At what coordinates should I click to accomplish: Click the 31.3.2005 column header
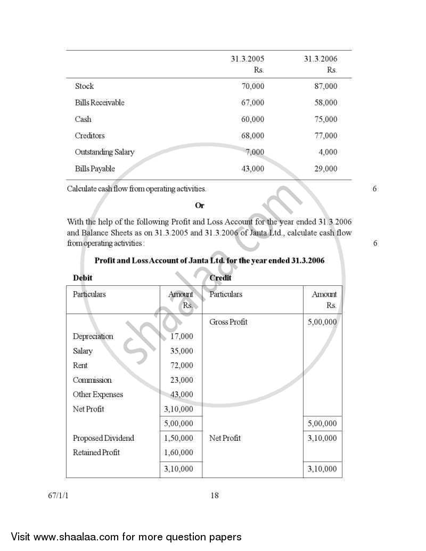coord(247,59)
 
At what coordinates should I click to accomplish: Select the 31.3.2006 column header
coord(320,59)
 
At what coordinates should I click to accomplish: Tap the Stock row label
coord(84,86)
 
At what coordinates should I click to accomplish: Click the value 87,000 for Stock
coord(325,86)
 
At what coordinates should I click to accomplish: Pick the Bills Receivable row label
coord(100,103)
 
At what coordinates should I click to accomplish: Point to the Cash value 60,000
coord(252,119)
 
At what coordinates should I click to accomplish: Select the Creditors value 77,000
coord(325,136)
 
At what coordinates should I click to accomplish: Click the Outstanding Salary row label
coord(104,152)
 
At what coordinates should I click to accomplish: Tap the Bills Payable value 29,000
coord(325,169)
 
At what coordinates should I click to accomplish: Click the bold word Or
coord(200,205)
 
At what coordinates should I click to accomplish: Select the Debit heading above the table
coord(83,278)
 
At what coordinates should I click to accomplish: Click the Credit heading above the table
coord(220,278)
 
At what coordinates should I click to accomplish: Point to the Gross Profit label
coord(228,322)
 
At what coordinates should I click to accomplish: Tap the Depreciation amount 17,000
coord(182,336)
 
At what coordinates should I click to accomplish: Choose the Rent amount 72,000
coord(182,366)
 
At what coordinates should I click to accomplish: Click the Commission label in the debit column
coord(92,380)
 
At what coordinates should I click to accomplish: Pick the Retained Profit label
coord(96,453)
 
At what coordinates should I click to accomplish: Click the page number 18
coord(215,496)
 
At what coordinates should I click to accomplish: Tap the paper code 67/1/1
coord(58,496)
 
